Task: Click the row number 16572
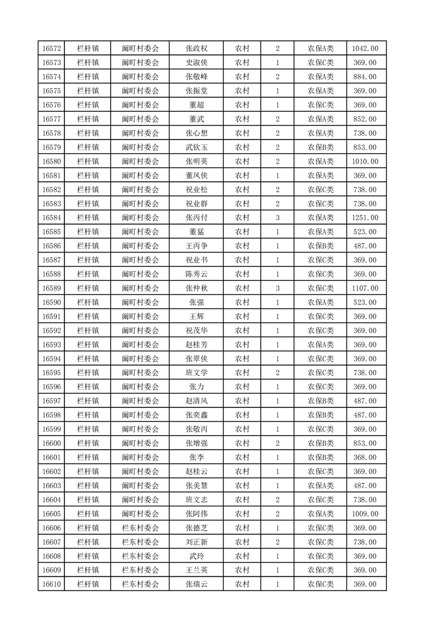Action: tap(51, 49)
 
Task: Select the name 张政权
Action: tap(197, 49)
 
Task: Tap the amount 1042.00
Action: tap(365, 49)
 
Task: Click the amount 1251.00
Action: tap(365, 218)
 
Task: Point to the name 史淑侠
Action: tap(197, 63)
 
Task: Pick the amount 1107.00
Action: tap(365, 288)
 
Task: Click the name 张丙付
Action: tap(197, 218)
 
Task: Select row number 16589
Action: tap(51, 288)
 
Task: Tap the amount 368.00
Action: tap(365, 457)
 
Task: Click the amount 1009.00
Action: tap(365, 514)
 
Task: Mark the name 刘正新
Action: tap(197, 542)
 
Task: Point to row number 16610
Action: tap(51, 584)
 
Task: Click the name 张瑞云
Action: tap(197, 584)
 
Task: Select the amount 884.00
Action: tap(365, 77)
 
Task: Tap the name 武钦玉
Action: tap(197, 147)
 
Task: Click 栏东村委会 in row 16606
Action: tap(141, 528)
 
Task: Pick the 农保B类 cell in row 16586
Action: tap(320, 246)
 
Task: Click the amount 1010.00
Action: tap(365, 162)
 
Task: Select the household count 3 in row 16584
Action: tap(277, 218)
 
